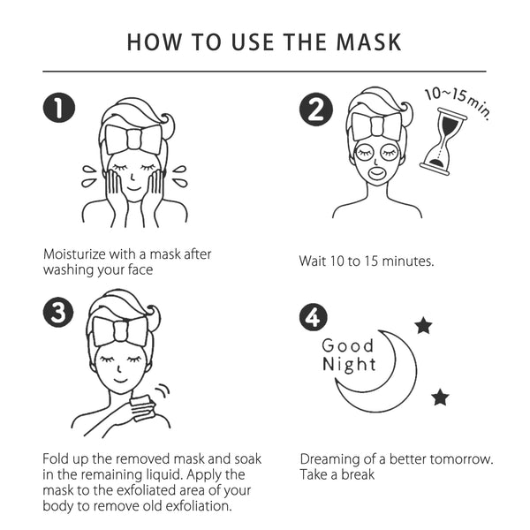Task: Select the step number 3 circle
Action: (59, 313)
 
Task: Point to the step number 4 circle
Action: (314, 316)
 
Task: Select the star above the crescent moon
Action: (423, 326)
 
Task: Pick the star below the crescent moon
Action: (440, 397)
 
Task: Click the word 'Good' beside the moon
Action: (347, 345)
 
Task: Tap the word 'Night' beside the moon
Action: (349, 365)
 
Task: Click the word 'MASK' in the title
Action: (365, 42)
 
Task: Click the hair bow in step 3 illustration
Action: (121, 330)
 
